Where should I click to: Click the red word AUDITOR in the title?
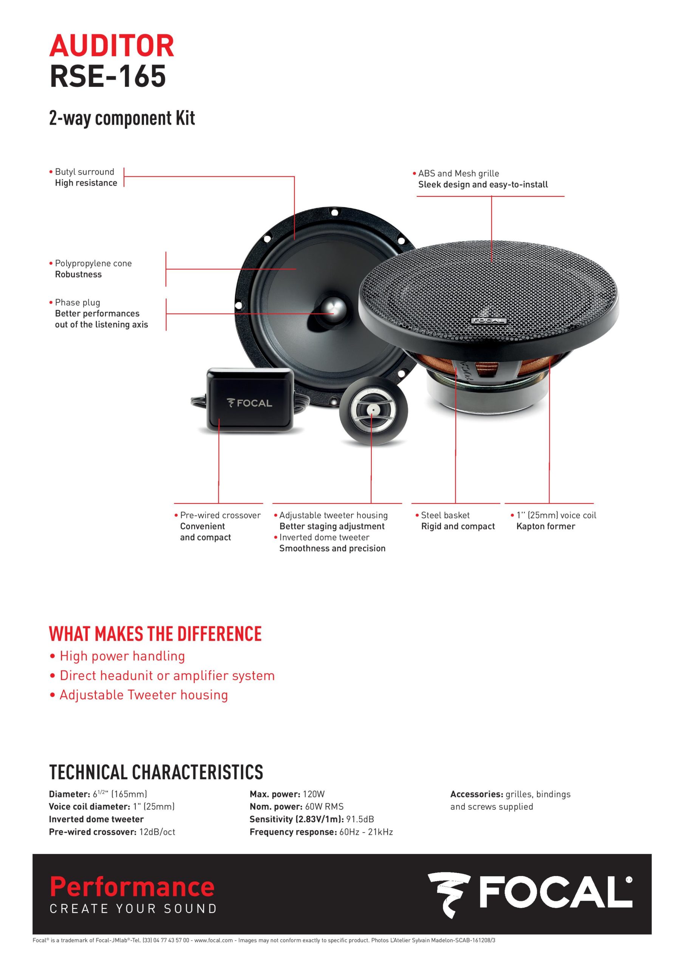[112, 46]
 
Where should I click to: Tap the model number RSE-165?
[108, 76]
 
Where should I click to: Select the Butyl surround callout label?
[85, 172]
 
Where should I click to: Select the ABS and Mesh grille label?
[458, 173]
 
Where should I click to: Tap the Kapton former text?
[546, 527]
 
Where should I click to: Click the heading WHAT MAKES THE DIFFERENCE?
[156, 634]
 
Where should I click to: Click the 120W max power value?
[314, 794]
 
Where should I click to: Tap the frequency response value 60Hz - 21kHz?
[366, 832]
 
